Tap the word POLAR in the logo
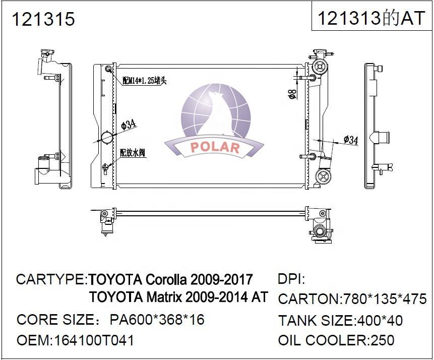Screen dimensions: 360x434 tap(215, 147)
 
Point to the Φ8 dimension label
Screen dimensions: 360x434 tap(292, 94)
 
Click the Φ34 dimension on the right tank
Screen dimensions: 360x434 tap(350, 141)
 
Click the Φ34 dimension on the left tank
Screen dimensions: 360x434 tap(130, 125)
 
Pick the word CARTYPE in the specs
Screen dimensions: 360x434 tap(50, 279)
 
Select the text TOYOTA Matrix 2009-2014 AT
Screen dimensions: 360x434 tap(178, 296)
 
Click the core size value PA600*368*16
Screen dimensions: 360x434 tap(157, 320)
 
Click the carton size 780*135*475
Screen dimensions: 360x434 tap(384, 299)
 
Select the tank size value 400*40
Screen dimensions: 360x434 tap(379, 320)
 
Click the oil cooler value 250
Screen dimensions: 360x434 tap(383, 340)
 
